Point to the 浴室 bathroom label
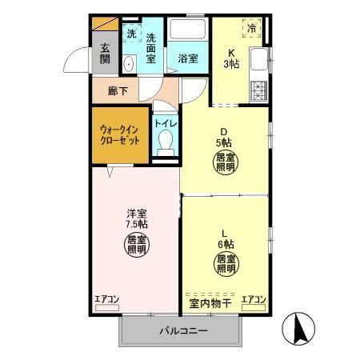188,58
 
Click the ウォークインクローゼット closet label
120,134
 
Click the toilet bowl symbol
166,143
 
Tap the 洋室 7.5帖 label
137,218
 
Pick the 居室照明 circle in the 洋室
137,245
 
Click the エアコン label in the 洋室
106,300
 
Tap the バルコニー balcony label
182,330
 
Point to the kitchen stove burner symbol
258,89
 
